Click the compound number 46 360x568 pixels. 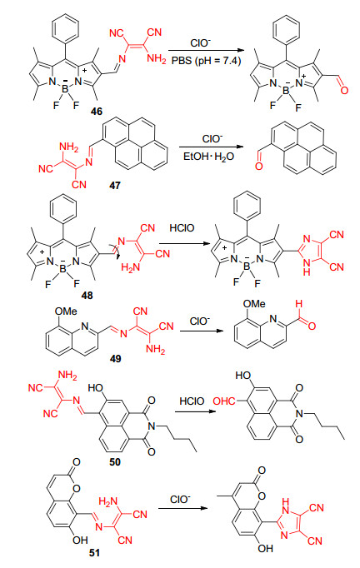click(97, 112)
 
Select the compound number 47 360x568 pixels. click(115, 186)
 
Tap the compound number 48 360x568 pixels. click(87, 296)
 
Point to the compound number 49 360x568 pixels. click(115, 359)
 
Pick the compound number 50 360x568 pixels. click(115, 462)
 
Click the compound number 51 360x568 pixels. click(94, 553)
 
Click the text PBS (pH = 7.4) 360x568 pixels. click(207, 60)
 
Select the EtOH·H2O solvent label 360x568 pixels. click(208, 157)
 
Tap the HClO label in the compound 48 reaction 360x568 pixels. click(182, 228)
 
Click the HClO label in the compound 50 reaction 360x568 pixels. click(192, 401)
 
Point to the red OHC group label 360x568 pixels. click(224, 401)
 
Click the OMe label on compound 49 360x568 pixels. click(66, 311)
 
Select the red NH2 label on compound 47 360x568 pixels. click(68, 147)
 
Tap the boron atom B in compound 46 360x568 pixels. click(65, 89)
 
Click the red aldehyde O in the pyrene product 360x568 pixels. click(258, 166)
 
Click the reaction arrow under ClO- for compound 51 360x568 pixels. click(182, 508)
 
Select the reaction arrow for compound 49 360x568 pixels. click(202, 331)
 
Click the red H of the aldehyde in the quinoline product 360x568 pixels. click(298, 303)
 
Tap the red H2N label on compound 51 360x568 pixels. click(107, 502)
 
